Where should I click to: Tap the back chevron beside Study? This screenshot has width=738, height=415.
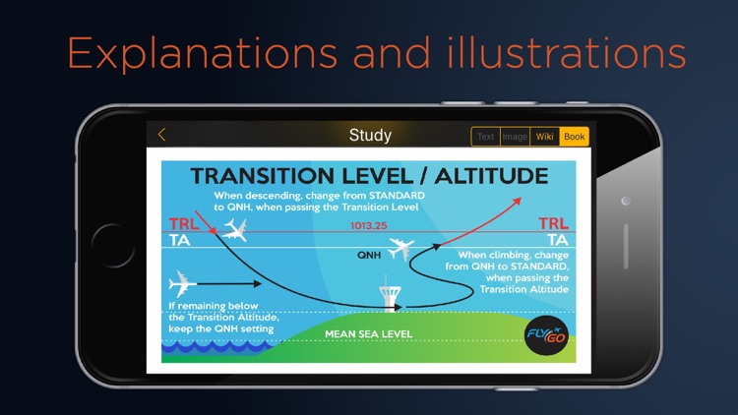point(162,135)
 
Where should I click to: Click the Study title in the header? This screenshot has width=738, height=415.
point(370,136)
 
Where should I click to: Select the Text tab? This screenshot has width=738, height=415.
point(485,137)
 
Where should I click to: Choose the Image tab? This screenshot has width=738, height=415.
point(515,137)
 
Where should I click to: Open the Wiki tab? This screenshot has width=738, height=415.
point(544,137)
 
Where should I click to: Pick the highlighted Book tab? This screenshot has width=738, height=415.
point(575,137)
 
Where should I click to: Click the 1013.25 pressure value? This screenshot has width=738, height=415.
point(369,226)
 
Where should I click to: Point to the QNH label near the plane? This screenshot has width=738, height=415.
point(369,255)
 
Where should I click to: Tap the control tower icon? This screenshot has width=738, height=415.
point(390,294)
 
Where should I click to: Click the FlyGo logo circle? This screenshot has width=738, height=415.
point(546,335)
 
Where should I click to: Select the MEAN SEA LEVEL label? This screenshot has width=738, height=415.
point(369,334)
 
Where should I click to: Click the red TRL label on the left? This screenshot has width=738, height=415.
point(184,223)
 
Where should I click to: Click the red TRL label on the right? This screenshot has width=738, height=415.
point(553,223)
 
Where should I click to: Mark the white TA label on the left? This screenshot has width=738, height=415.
point(180,240)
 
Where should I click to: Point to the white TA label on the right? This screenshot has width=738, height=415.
point(558,240)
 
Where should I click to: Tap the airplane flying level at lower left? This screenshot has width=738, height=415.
point(182,284)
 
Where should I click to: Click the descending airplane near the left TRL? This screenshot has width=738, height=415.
point(235,230)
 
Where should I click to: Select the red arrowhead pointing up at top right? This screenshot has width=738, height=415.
point(517,202)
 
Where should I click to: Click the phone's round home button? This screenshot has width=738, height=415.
point(112,245)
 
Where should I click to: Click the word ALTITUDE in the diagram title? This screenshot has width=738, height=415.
point(491,176)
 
